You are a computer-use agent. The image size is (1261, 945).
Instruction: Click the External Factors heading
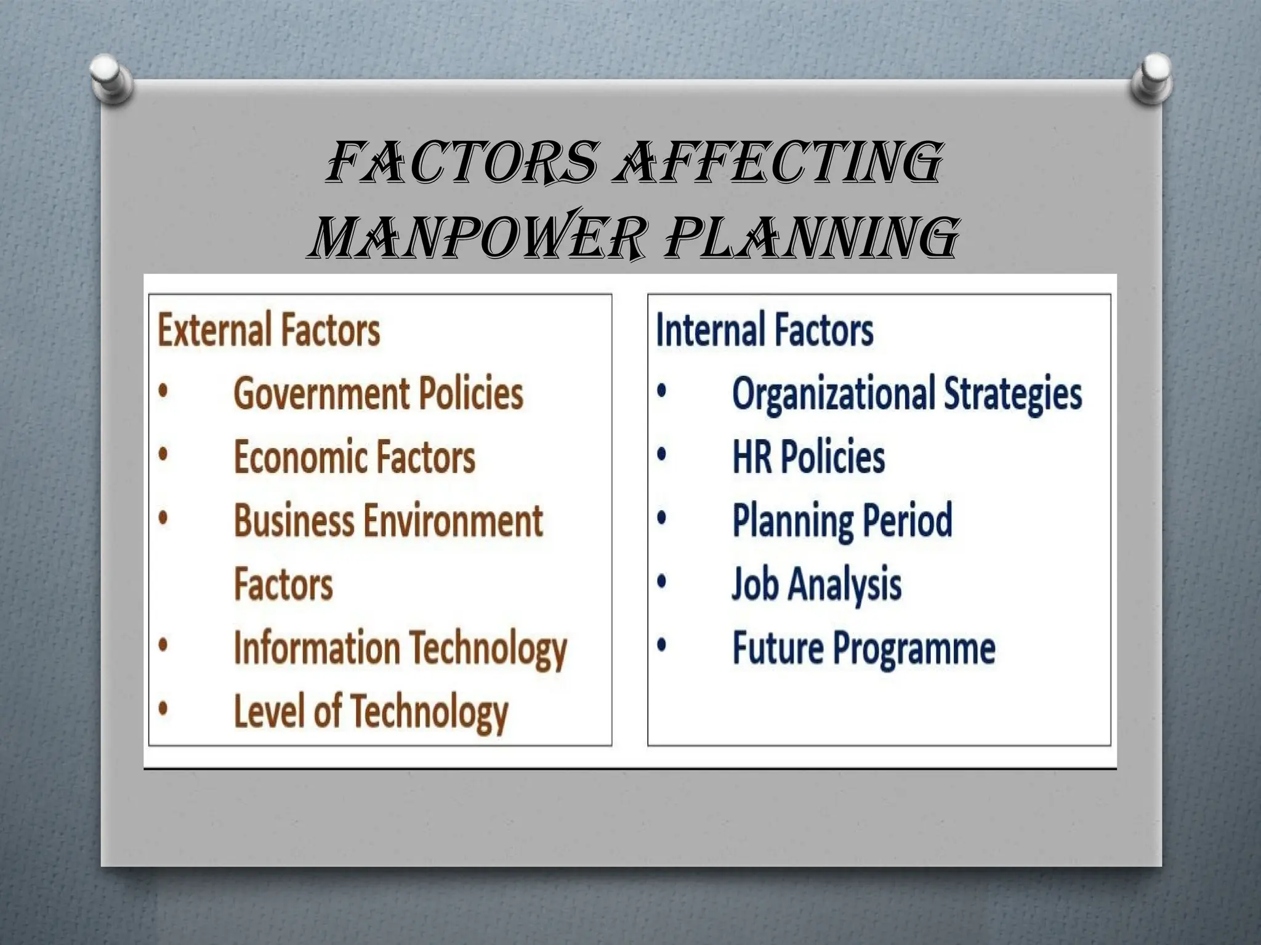[268, 330]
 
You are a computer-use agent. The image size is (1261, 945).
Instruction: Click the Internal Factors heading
[764, 330]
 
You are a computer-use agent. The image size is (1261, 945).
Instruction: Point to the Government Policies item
[378, 394]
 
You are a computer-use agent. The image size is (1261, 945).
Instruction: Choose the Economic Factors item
[355, 457]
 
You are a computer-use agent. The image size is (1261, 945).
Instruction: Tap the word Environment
[453, 520]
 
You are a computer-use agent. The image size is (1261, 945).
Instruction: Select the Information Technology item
[400, 648]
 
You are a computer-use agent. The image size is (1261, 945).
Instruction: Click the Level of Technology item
[371, 712]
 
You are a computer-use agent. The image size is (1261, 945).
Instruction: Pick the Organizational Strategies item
[906, 394]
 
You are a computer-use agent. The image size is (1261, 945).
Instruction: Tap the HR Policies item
[808, 457]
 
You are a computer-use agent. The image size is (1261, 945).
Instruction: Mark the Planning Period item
[842, 520]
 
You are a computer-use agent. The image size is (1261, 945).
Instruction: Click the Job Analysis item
[816, 584]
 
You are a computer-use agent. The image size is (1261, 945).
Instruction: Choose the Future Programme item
[863, 648]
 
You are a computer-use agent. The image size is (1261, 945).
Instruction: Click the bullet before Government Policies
[163, 392]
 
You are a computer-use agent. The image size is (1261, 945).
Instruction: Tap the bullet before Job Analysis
[661, 581]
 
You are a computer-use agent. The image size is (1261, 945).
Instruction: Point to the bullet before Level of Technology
[163, 709]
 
